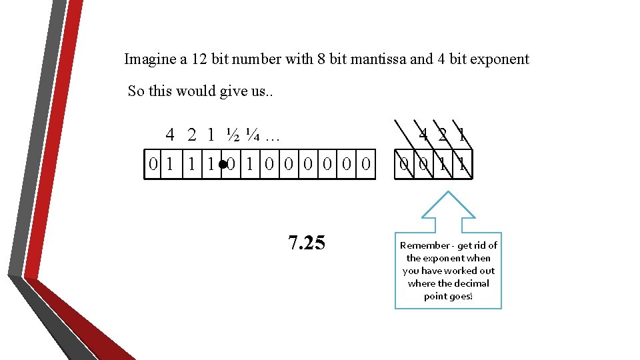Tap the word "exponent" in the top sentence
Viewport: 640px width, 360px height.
tap(499, 59)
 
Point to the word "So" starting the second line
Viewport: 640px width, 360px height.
tap(136, 91)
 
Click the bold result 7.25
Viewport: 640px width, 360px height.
tap(307, 243)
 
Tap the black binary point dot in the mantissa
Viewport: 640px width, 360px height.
tap(222, 163)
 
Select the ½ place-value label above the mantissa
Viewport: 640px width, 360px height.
tap(233, 135)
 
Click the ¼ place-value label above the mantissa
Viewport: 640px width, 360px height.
tap(252, 135)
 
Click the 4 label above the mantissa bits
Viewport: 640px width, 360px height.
tap(171, 135)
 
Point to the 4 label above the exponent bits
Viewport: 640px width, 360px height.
tap(423, 135)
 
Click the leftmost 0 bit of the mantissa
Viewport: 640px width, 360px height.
tap(153, 163)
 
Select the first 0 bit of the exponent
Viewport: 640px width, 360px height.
tap(404, 163)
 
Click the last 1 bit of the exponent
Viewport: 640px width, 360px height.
tap(462, 163)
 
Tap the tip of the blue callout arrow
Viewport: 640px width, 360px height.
tap(449, 193)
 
